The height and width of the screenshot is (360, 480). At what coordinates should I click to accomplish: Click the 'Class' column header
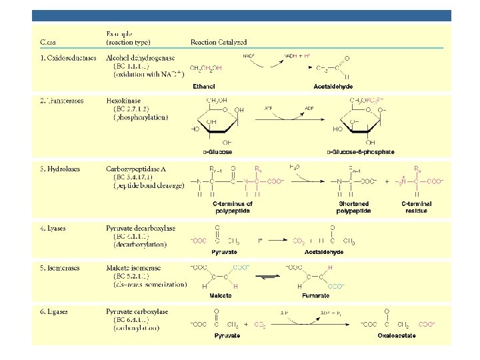(x=47, y=43)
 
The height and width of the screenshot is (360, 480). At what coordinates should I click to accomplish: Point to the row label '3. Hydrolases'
(x=59, y=169)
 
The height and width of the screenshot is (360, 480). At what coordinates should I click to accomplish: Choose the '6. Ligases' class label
(x=55, y=311)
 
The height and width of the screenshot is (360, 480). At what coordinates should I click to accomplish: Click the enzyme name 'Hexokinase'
(x=123, y=101)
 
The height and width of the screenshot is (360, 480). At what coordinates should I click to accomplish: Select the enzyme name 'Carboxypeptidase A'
(x=136, y=169)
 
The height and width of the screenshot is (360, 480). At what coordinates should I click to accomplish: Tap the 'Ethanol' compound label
(x=203, y=86)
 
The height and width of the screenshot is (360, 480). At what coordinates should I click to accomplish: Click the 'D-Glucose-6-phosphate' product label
(x=360, y=152)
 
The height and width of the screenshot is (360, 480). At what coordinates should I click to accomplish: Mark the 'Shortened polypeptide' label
(x=354, y=207)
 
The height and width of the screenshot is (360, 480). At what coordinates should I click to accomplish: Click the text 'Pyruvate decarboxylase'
(x=141, y=228)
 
